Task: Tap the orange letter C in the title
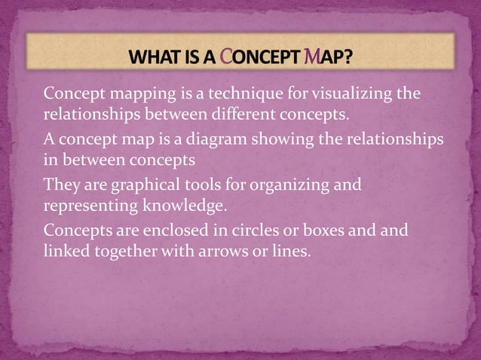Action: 234,56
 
